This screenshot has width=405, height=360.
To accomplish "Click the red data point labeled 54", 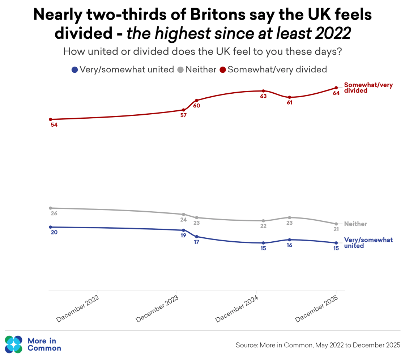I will point(51,119).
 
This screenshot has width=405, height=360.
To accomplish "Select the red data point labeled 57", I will point(183,110).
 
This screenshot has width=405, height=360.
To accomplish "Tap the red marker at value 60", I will point(196,100).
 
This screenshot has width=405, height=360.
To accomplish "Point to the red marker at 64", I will point(336,88).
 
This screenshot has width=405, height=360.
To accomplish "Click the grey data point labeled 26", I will point(51,208).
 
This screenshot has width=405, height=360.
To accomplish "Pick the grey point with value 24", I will point(183,214).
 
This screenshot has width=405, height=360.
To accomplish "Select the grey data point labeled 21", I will point(336,224).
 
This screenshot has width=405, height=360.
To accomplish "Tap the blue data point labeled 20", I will point(51,227).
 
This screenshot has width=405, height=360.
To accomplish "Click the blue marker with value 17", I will point(196,237).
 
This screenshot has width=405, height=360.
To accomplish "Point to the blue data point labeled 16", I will point(289,240).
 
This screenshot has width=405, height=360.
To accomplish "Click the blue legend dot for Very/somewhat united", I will point(75,70).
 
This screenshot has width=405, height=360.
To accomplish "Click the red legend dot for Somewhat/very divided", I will point(223,70).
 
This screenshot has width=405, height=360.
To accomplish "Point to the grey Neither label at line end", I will point(355,224).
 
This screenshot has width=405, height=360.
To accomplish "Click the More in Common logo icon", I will point(14,344).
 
